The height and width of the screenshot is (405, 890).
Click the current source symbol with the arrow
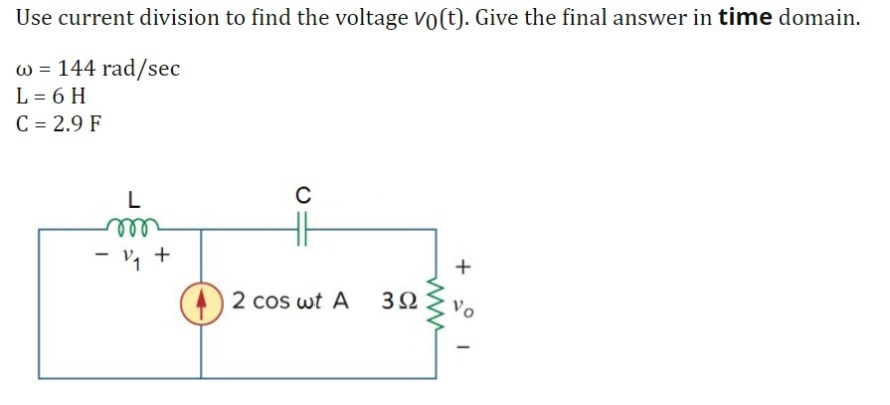click(202, 302)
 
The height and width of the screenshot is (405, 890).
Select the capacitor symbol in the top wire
click(302, 230)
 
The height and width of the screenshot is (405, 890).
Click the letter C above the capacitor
click(303, 192)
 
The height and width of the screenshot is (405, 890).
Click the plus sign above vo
click(463, 268)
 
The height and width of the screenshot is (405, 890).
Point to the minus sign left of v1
click(99, 256)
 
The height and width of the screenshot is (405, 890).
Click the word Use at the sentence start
click(37, 18)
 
